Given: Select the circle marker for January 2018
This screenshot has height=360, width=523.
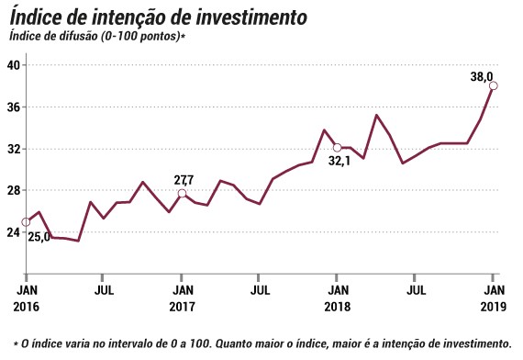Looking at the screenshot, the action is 338,147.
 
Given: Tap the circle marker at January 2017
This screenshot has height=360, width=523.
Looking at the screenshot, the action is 182,194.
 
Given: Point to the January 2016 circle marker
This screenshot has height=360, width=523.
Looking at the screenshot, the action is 26,222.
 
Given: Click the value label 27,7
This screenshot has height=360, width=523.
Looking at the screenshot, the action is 184,180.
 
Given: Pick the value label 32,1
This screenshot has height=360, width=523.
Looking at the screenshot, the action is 339,162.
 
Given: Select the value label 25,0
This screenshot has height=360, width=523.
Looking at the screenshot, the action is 39,237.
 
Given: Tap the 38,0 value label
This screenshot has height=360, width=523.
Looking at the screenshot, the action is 482,77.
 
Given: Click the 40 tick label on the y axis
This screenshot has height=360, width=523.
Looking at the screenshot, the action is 14,65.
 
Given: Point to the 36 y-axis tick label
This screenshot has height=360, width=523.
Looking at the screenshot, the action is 14,107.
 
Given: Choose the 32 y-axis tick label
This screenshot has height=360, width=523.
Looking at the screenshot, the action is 14,149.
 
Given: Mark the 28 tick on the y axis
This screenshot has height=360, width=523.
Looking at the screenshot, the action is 14,190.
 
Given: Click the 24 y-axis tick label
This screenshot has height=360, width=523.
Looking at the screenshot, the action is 14,232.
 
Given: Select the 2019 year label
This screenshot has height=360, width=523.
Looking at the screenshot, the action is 494,307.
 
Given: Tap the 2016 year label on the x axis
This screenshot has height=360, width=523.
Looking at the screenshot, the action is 26,307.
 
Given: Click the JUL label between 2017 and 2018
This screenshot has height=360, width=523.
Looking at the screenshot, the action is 260,290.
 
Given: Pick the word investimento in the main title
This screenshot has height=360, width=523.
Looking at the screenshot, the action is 250,17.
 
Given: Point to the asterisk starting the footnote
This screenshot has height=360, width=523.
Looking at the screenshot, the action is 16,343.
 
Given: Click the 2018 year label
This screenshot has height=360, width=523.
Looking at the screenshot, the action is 338,307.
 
